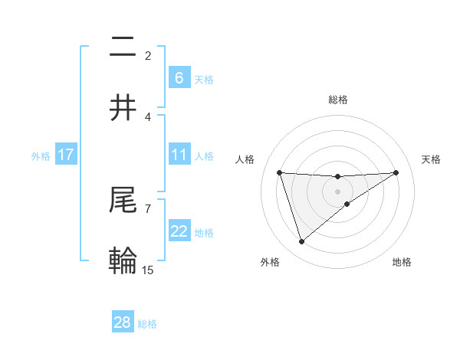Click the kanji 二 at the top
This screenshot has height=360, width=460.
tap(123, 47)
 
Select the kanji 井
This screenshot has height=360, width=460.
tap(123, 108)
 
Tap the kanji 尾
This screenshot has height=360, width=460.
tap(123, 200)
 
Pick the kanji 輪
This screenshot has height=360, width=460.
tap(123, 261)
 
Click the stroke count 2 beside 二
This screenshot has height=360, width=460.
tap(148, 55)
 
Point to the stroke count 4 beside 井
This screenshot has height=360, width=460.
tap(148, 116)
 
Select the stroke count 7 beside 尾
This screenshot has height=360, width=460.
tap(148, 208)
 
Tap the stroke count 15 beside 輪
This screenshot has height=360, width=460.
tap(148, 270)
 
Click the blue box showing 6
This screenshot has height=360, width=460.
tap(179, 78)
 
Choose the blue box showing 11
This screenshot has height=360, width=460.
tap(179, 155)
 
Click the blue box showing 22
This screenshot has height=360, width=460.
tap(179, 231)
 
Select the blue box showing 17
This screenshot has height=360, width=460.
tap(66, 155)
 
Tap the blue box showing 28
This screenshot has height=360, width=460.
tap(123, 322)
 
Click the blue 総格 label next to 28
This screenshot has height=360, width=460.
tap(148, 324)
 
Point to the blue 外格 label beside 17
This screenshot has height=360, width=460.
tap(41, 155)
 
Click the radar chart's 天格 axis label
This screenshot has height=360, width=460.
tap(432, 159)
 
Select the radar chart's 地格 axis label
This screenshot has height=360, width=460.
tap(402, 262)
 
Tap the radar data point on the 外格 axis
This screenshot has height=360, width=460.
tap(301, 242)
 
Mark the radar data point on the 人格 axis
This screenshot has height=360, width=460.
tap(279, 172)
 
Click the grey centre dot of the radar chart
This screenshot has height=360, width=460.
tap(337, 191)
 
